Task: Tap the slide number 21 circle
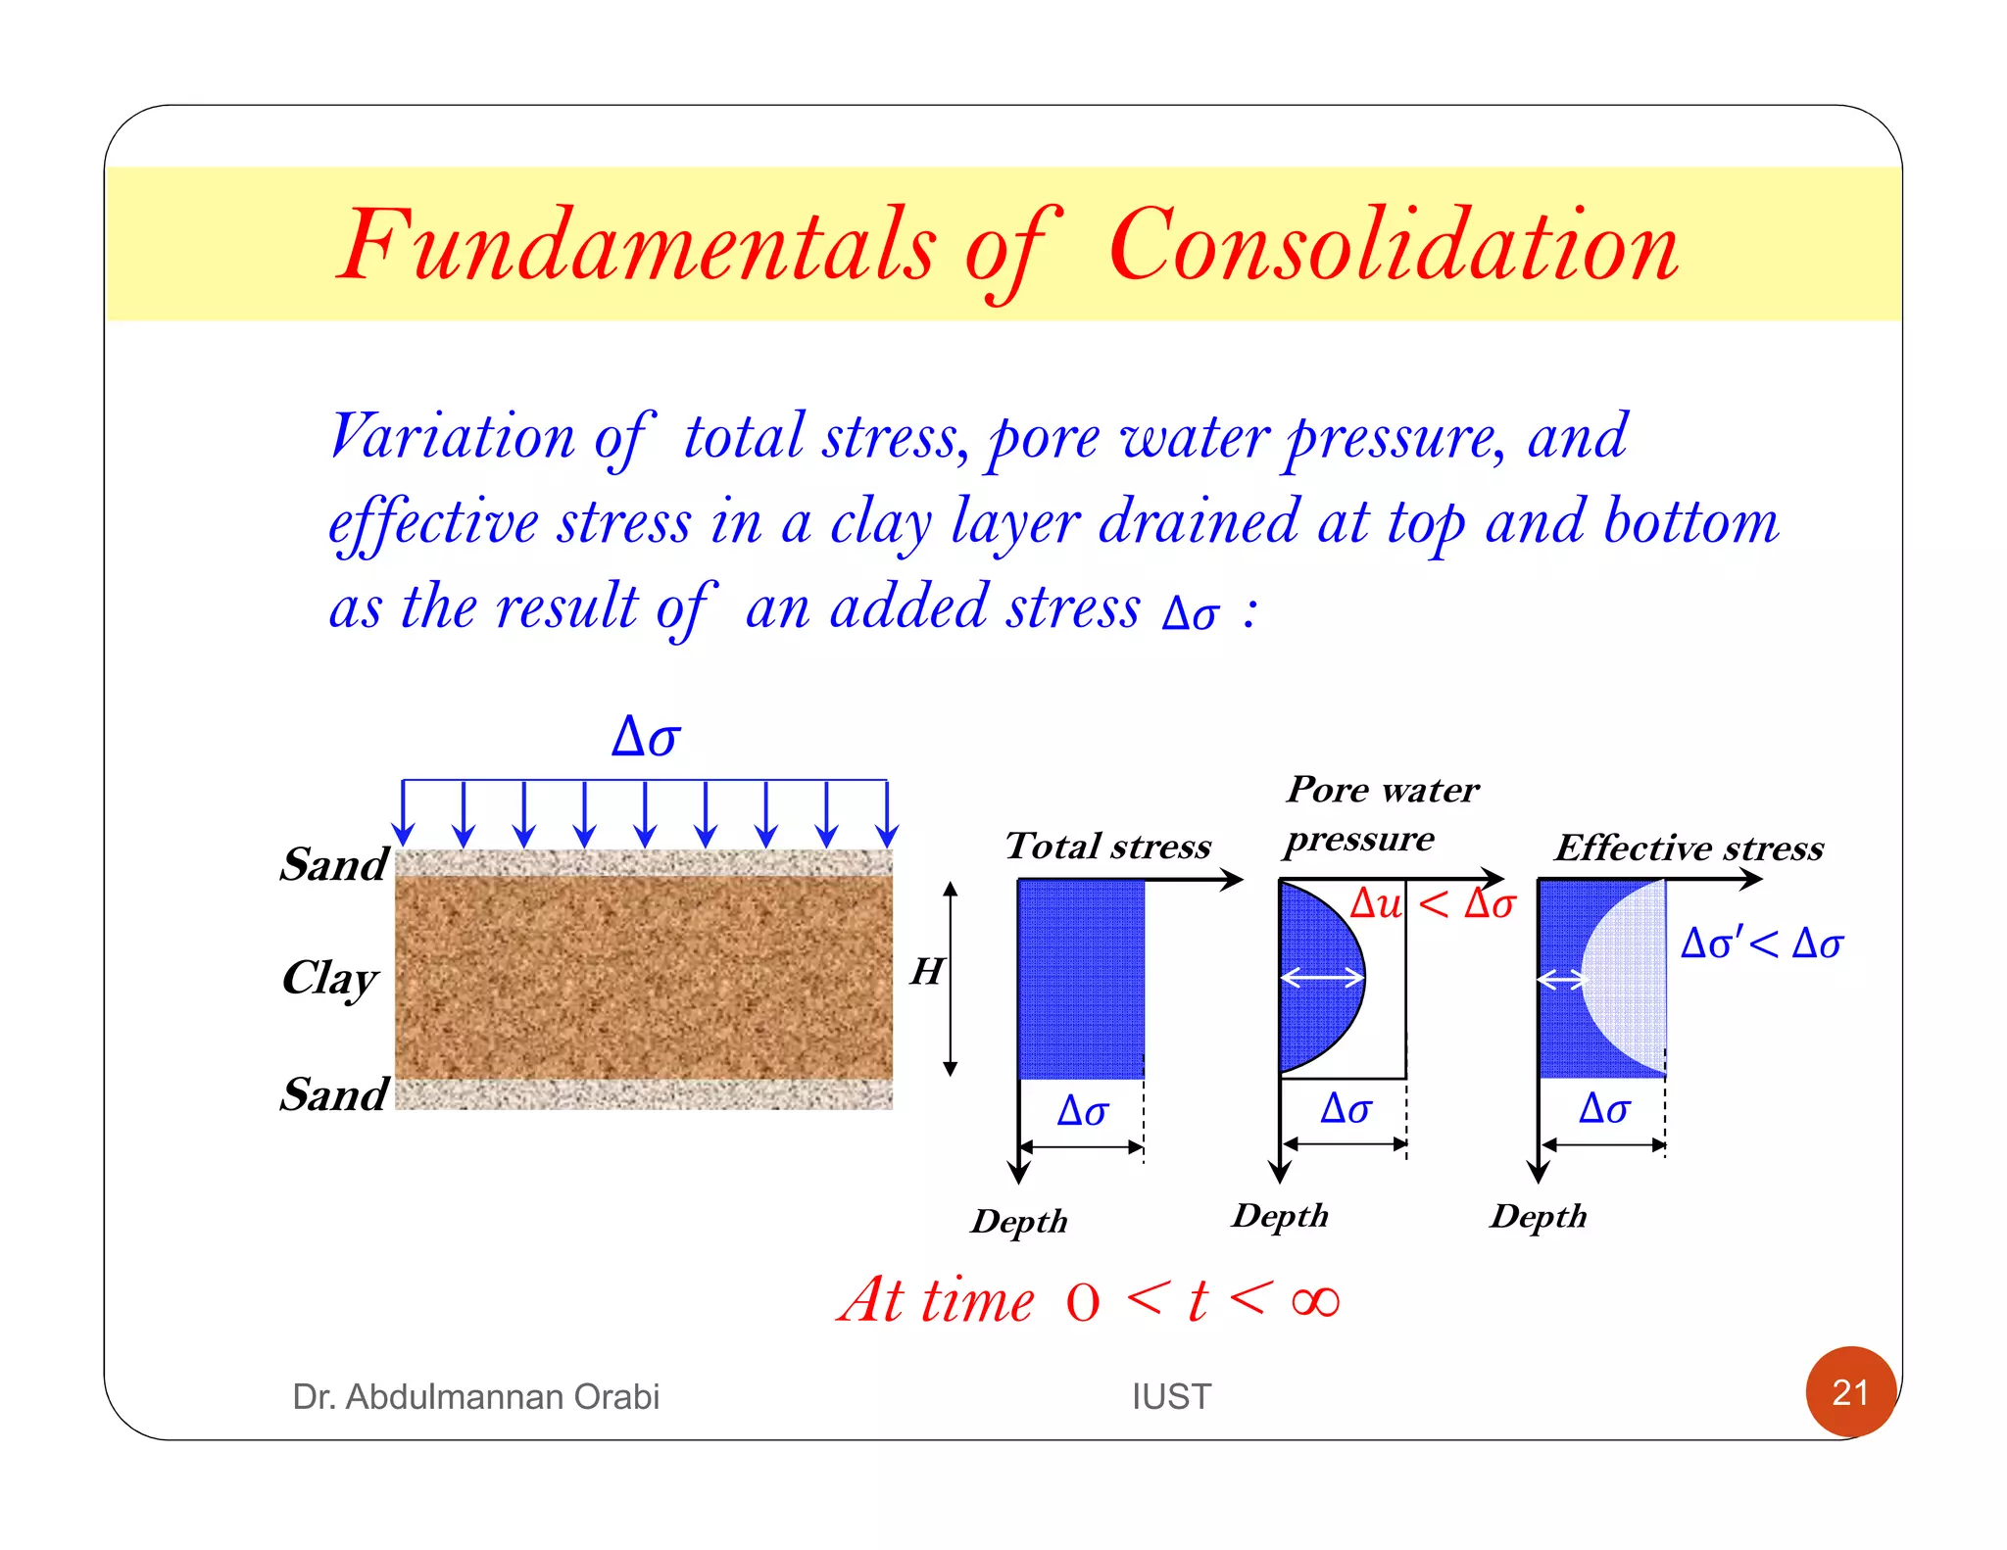(x=1850, y=1391)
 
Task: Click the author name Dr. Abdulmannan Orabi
(x=475, y=1396)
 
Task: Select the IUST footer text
(x=1171, y=1396)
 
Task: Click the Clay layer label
(x=330, y=978)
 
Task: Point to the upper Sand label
(x=334, y=864)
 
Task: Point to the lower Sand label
(x=334, y=1093)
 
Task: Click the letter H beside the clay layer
(x=927, y=972)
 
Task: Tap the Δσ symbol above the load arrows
(x=646, y=737)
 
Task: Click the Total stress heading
(x=1108, y=846)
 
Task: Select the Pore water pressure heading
(x=1382, y=813)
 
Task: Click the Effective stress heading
(x=1689, y=848)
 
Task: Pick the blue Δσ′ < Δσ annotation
(x=1762, y=944)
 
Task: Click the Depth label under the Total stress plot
(x=1019, y=1221)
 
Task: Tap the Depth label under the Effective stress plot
(x=1539, y=1216)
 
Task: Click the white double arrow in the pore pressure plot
(x=1322, y=977)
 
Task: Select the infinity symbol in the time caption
(x=1315, y=1301)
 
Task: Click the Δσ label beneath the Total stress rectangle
(x=1083, y=1111)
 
